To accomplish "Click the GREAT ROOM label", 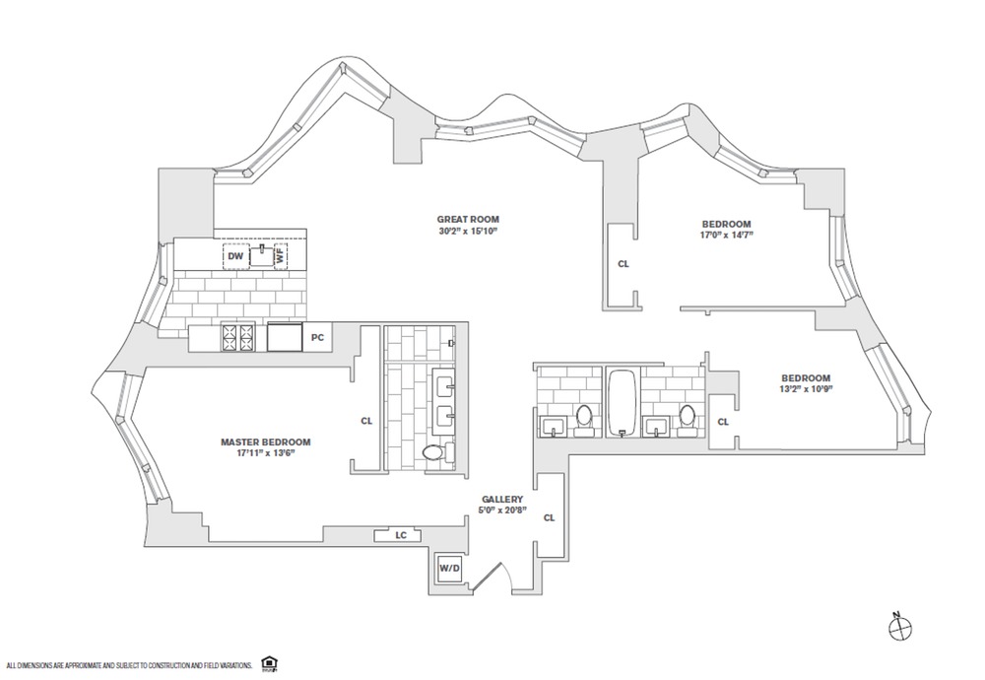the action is [x=469, y=219].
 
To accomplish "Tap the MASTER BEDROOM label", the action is [x=266, y=442].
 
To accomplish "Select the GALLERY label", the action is [x=502, y=500].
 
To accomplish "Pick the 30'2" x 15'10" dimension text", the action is [x=469, y=231].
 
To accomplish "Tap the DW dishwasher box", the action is [x=234, y=256].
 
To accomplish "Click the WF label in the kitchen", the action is [x=281, y=255].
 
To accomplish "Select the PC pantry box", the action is [x=317, y=338].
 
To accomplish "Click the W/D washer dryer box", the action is [x=449, y=568].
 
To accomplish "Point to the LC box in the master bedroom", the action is [x=401, y=535].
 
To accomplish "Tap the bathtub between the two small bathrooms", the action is [x=622, y=402].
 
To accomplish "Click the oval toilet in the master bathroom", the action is [x=433, y=453].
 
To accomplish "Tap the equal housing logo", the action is [x=268, y=663].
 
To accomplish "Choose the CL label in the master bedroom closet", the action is [x=366, y=421].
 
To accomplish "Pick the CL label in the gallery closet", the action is [x=550, y=517].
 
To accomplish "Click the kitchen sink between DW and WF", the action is [x=260, y=255].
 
